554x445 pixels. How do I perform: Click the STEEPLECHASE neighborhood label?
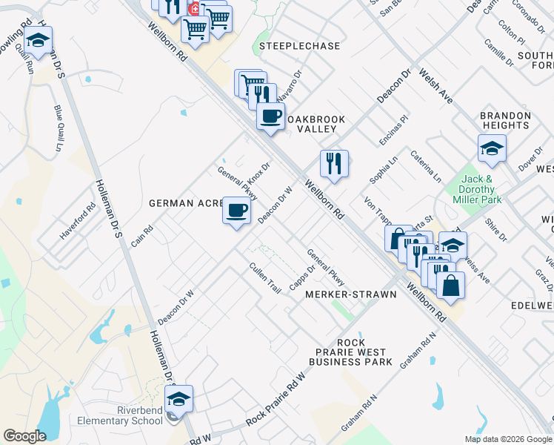pos(300,46)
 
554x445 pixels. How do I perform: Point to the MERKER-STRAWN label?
pos(351,294)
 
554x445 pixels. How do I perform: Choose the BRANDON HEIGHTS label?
pos(506,120)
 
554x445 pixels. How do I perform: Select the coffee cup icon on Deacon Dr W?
pos(236,212)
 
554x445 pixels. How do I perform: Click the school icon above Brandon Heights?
pos(492,148)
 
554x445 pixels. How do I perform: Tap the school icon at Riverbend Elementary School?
pos(178,399)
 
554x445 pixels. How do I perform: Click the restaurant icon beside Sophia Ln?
pos(334,162)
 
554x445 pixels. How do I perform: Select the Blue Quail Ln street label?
pos(59,128)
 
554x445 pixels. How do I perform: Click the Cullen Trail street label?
pos(264,278)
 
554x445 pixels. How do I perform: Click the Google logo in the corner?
pos(24,436)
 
